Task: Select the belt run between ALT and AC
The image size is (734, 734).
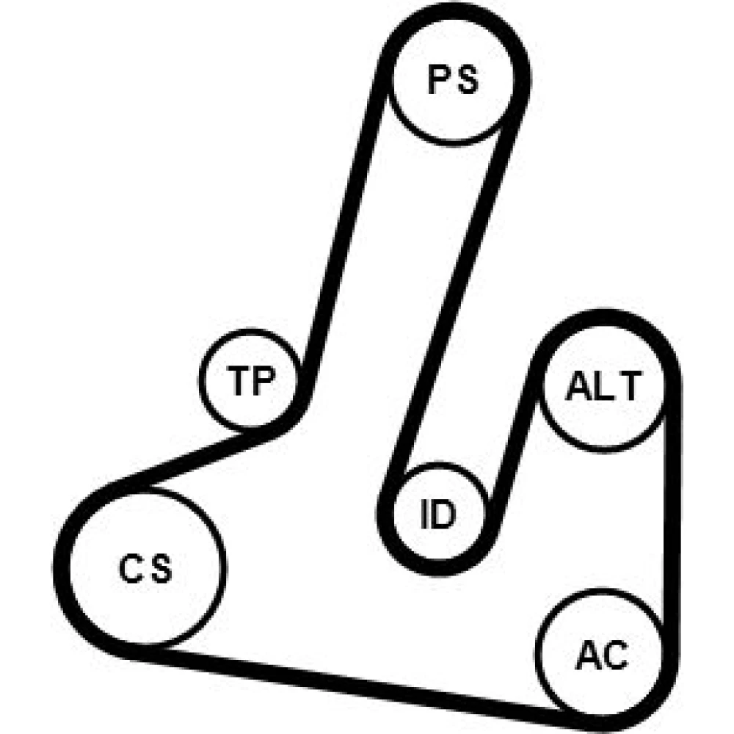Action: (x=672, y=510)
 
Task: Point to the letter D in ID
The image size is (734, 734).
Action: (x=443, y=514)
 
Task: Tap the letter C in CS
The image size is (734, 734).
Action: (x=131, y=568)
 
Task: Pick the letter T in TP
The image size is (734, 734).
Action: (x=239, y=380)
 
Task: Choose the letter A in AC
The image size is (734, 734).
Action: (x=588, y=655)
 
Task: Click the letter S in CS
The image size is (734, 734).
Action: (x=161, y=568)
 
